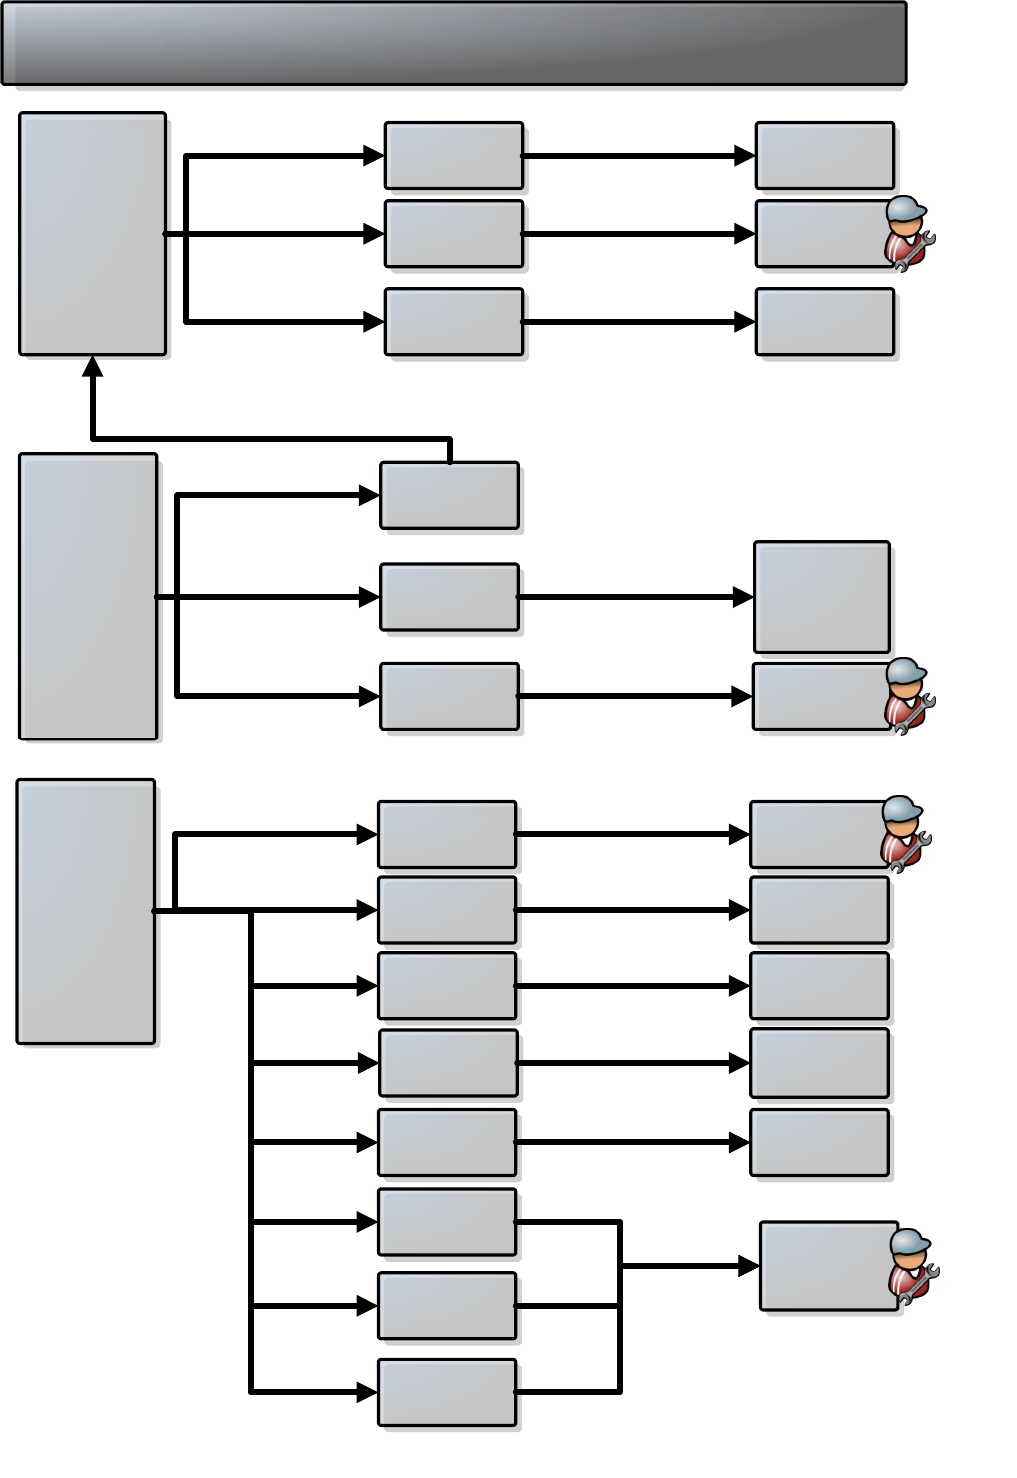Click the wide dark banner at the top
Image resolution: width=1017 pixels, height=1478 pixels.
454,43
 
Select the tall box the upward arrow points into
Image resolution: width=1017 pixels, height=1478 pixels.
92,233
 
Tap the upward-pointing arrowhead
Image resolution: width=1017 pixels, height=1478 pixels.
93,366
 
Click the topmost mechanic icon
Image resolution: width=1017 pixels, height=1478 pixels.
908,233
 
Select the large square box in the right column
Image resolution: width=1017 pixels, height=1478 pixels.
821,597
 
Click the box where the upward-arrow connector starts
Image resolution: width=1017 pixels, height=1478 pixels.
449,495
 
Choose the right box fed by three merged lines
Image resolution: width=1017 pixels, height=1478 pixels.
828,1265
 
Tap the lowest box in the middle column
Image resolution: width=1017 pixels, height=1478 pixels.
447,1392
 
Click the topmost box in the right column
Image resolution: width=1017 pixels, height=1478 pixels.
824,156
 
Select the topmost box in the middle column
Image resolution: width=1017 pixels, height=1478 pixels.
453,156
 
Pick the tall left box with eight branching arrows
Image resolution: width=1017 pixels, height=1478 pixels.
86,911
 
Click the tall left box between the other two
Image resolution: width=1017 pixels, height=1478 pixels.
88,597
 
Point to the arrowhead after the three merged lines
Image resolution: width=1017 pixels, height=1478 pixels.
748,1266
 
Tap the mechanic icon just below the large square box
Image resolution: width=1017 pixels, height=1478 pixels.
908,696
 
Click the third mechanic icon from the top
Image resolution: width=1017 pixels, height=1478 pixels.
904,834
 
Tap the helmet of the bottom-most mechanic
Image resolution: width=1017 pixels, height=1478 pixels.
910,1242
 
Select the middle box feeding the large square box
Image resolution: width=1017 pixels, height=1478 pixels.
449,597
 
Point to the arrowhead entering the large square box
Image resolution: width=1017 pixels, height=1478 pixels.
742,597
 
